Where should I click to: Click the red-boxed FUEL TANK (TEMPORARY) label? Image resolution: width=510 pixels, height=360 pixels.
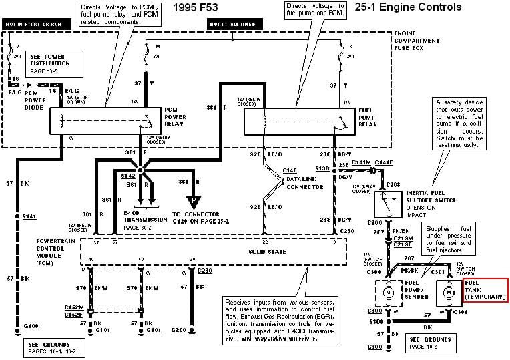tap(485, 288)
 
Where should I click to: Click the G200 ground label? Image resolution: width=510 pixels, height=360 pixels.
tap(178, 330)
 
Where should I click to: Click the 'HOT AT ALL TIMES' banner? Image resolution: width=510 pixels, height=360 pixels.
tap(228, 25)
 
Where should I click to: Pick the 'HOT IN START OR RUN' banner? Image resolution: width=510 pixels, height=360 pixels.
tap(34, 25)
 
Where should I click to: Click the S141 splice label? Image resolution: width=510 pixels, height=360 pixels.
tap(29, 217)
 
